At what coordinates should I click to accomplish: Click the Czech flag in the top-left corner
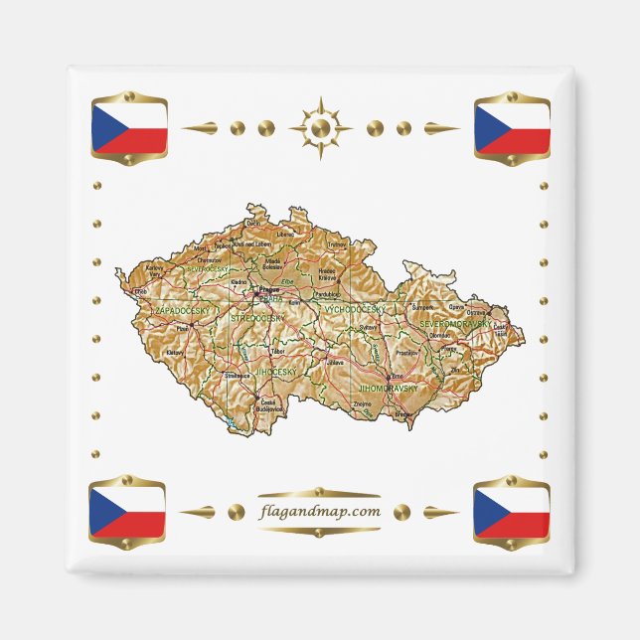128,127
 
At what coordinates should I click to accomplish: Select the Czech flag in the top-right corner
512,127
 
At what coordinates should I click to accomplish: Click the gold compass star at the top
320,128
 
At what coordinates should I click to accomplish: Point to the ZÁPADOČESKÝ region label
180,310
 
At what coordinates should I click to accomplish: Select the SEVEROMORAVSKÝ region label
454,324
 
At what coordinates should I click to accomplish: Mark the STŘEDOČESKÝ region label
256,317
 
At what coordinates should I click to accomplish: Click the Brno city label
398,377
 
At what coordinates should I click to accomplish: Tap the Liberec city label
286,235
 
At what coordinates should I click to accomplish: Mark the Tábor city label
278,351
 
